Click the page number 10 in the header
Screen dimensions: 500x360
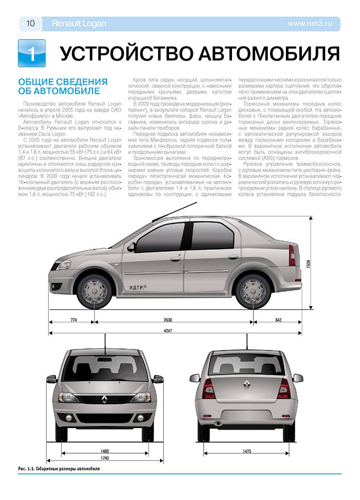pos(30,23)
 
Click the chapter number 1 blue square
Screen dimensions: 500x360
pos(31,53)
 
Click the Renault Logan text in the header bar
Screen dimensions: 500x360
pos(79,23)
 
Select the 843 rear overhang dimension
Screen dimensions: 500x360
pos(278,320)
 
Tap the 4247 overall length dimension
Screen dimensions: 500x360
pos(168,330)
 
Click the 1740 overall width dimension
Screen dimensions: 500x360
pos(104,458)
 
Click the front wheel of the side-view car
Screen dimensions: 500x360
pos(94,290)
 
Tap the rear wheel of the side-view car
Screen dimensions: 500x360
pos(254,291)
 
